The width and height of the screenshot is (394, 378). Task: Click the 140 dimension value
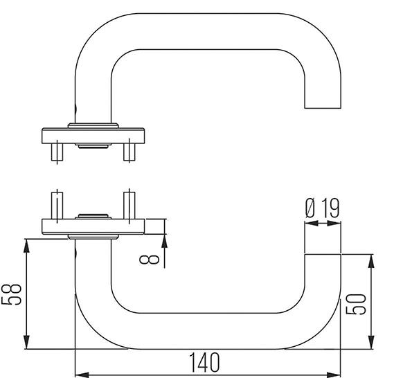pyautogui.click(x=204, y=361)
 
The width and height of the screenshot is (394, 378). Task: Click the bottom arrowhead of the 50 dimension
pyautogui.click(x=372, y=344)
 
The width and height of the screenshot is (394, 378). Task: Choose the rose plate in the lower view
pyautogui.click(x=93, y=226)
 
